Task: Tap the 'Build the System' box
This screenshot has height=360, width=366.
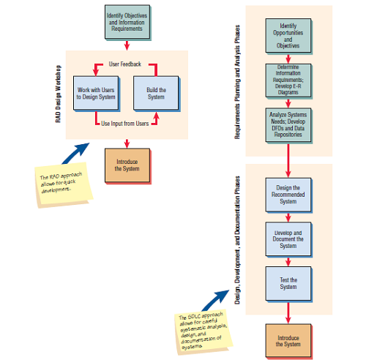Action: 157,94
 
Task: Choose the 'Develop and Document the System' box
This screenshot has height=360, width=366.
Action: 288,239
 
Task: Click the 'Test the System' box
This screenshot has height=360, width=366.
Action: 288,282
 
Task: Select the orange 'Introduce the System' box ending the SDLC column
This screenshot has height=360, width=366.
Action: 288,340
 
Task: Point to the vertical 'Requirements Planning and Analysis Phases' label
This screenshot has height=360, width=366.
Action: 238,81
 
